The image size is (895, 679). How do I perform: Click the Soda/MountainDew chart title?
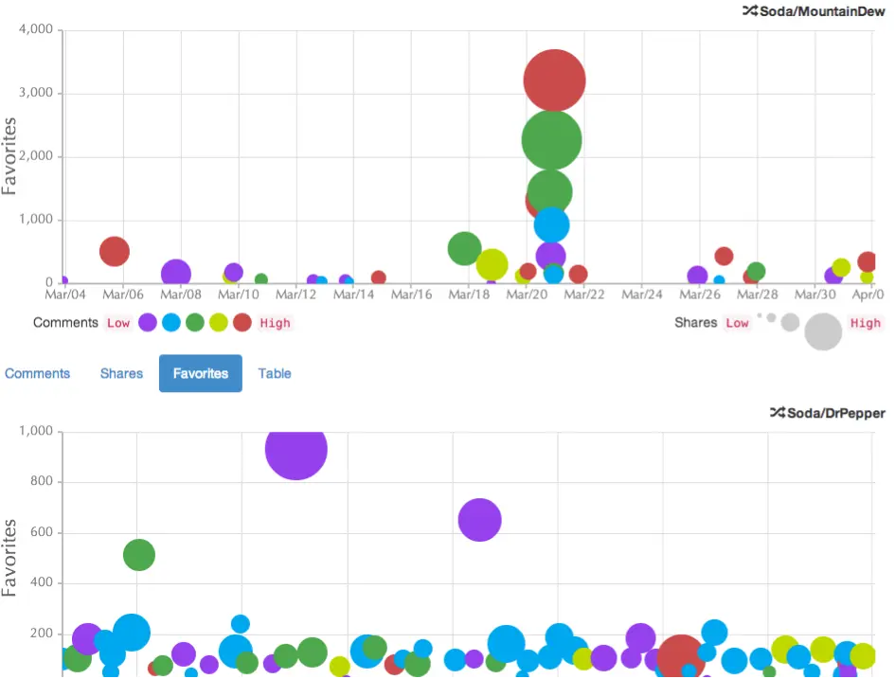pyautogui.click(x=821, y=11)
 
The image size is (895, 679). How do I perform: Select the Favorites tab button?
pyautogui.click(x=201, y=373)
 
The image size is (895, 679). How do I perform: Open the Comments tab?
pyautogui.click(x=38, y=373)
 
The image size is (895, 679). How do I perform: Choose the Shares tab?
pyautogui.click(x=121, y=373)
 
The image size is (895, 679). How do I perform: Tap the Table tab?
pyautogui.click(x=275, y=373)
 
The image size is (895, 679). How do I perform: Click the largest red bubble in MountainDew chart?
pyautogui.click(x=554, y=80)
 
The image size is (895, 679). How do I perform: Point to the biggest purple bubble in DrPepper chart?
pyautogui.click(x=296, y=449)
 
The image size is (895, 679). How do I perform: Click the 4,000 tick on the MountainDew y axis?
pyautogui.click(x=38, y=29)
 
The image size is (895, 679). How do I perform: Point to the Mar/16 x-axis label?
pyautogui.click(x=411, y=295)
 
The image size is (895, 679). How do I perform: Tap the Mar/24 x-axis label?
pyautogui.click(x=641, y=295)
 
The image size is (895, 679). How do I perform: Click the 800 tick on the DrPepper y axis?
pyautogui.click(x=44, y=482)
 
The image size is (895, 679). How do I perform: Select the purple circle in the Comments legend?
pyautogui.click(x=148, y=323)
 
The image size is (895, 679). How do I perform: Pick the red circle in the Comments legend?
pyautogui.click(x=242, y=323)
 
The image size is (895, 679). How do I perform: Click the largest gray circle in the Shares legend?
pyautogui.click(x=823, y=331)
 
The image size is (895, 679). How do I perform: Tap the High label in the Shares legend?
pyautogui.click(x=865, y=323)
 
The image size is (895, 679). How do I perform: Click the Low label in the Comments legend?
pyautogui.click(x=118, y=323)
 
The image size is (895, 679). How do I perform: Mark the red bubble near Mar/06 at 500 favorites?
pyautogui.click(x=114, y=251)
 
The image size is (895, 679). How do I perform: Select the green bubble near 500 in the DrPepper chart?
pyautogui.click(x=139, y=555)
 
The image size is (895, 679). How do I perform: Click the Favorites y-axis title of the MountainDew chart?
pyautogui.click(x=10, y=156)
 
